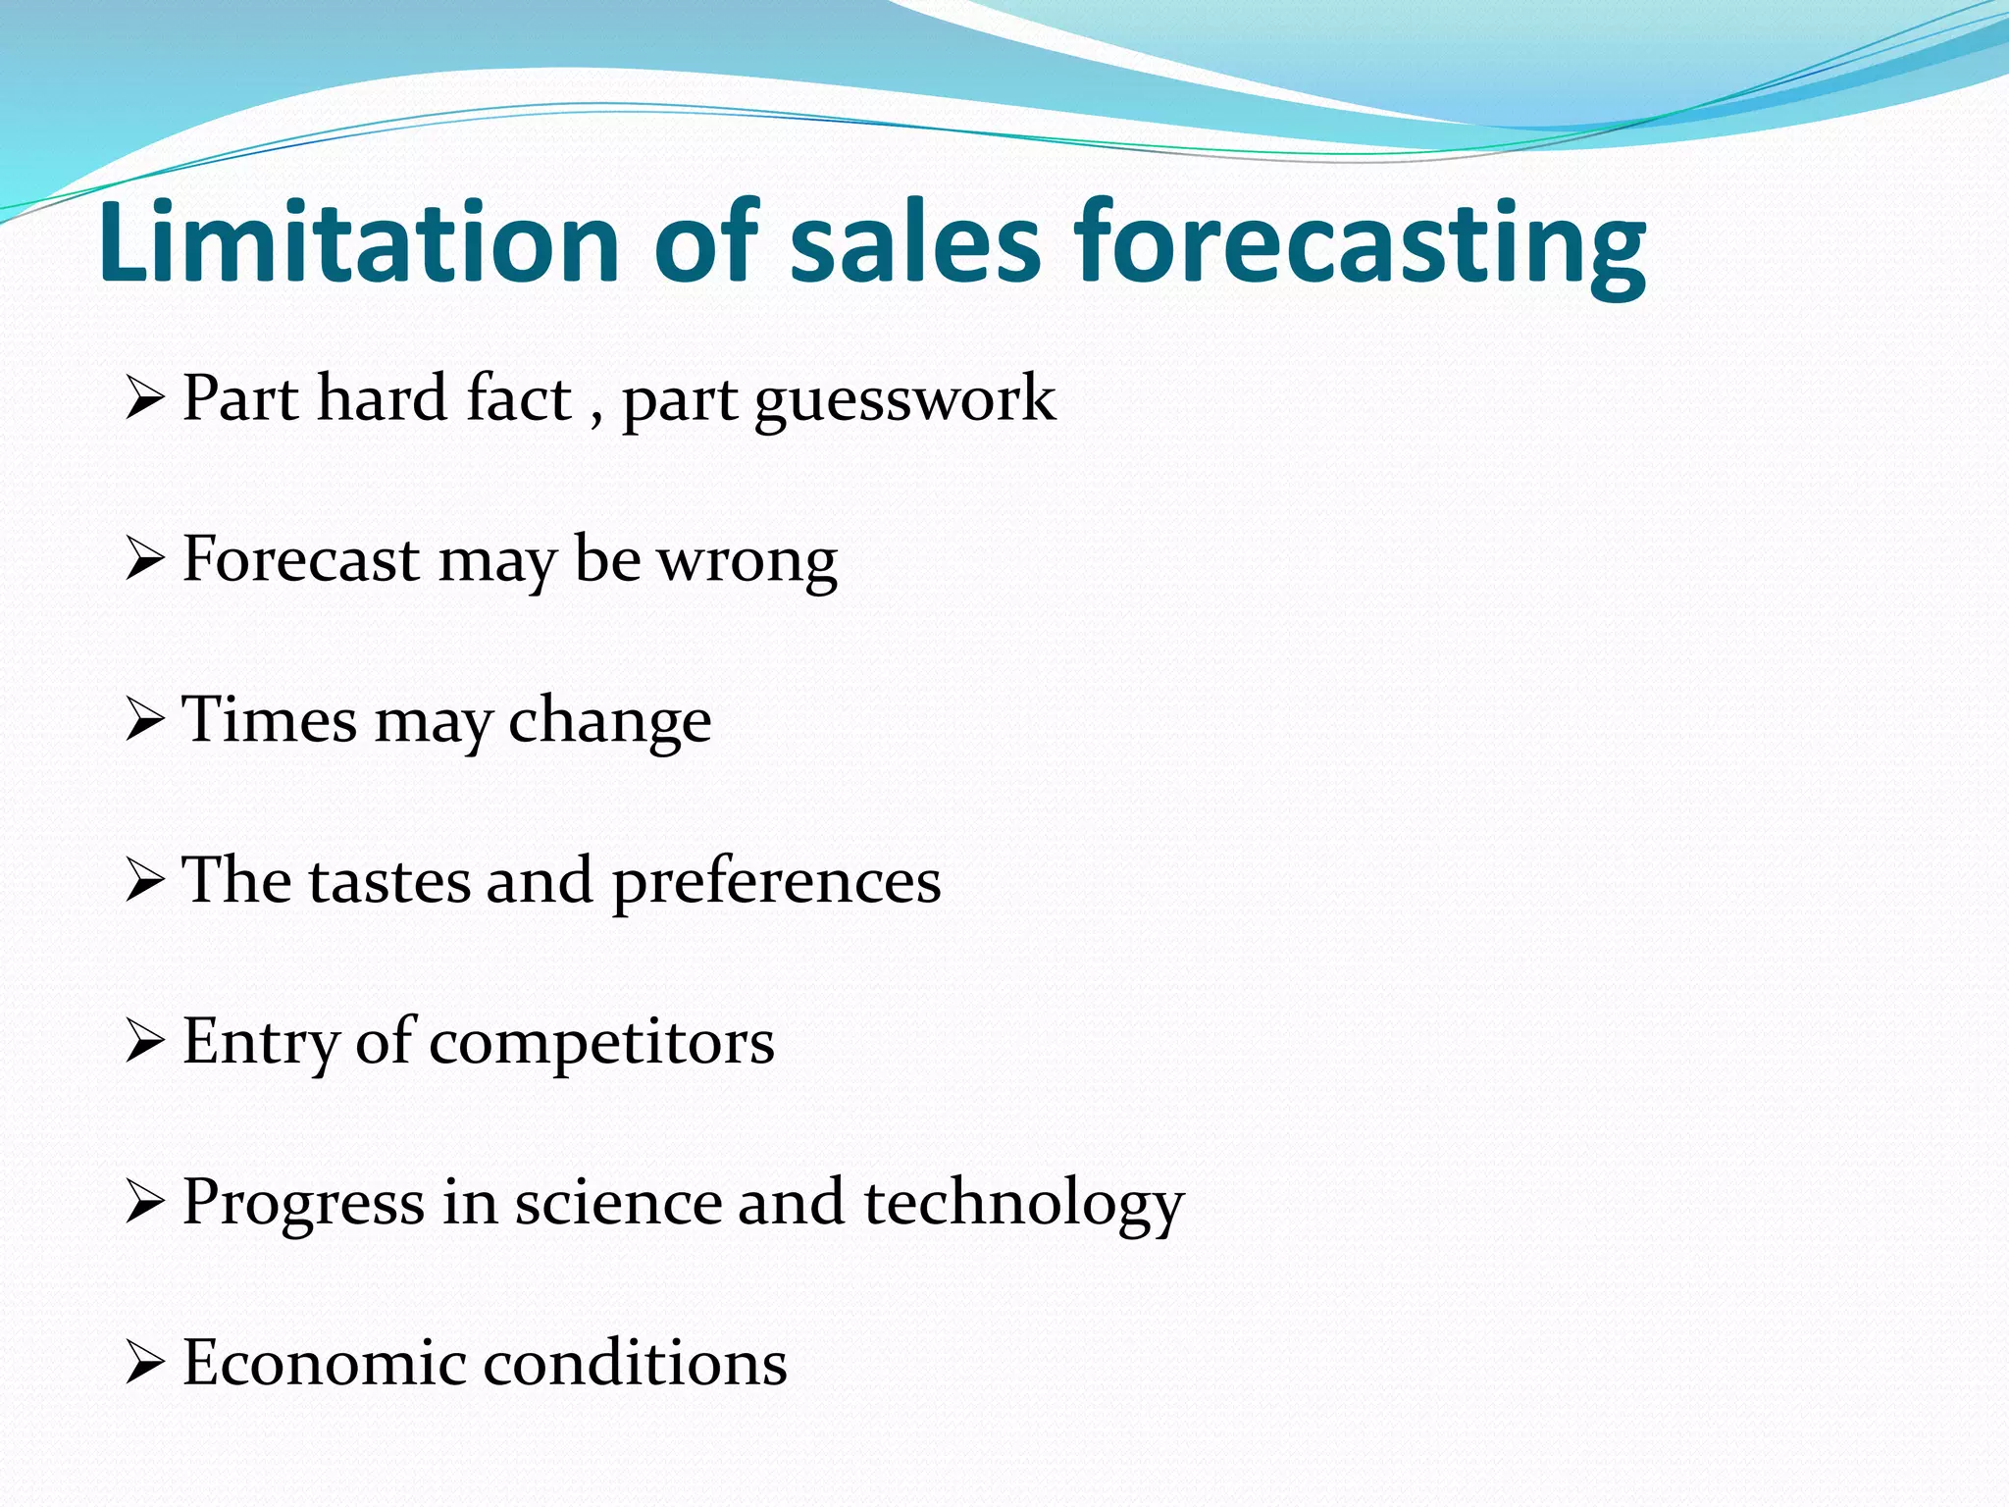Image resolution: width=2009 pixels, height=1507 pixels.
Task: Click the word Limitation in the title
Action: pos(358,241)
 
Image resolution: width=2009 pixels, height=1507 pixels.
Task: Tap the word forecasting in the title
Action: pos(1360,245)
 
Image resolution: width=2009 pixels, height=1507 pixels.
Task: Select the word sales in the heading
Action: pos(914,241)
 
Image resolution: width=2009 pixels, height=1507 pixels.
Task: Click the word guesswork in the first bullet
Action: pos(904,400)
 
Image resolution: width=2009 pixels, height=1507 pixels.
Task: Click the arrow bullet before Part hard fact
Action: pos(144,400)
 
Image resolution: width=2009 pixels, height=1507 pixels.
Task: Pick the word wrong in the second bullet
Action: pos(747,561)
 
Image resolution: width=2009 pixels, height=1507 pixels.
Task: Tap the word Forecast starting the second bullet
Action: pos(301,559)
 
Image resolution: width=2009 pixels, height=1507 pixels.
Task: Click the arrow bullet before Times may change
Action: pos(144,721)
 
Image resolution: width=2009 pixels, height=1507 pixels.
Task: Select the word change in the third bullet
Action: pos(609,722)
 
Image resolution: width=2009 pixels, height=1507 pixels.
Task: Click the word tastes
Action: pos(389,880)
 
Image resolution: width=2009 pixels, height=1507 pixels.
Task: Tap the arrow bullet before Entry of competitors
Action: pos(144,1043)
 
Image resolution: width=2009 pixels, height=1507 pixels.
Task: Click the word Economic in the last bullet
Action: pos(324,1363)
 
